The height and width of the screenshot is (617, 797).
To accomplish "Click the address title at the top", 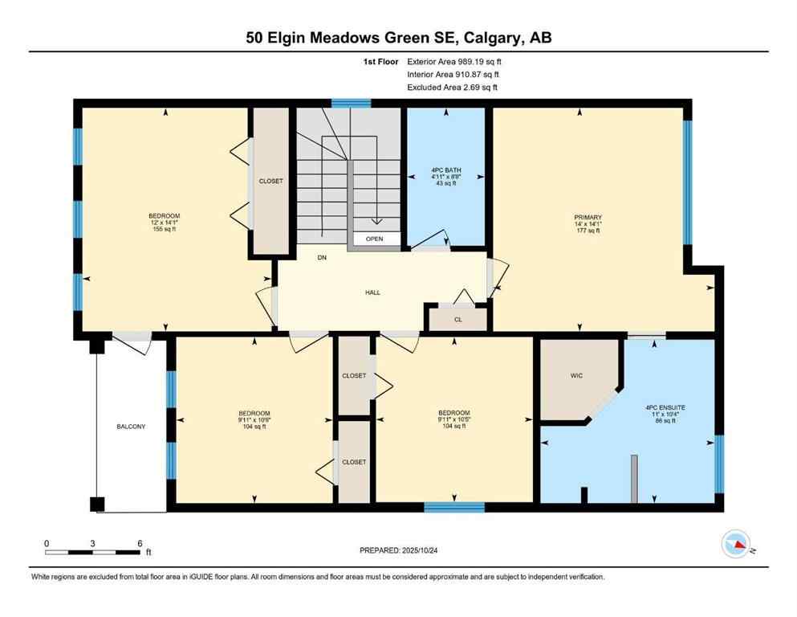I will pos(398,37).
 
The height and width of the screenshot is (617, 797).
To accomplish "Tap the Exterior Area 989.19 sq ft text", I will pos(454,61).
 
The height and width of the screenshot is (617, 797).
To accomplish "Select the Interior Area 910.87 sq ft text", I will pos(453,74).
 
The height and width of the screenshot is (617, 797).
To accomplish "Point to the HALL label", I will pos(372,292).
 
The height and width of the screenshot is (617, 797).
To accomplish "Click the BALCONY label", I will pos(131,427).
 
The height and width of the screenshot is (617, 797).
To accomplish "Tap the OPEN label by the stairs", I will pos(374,239).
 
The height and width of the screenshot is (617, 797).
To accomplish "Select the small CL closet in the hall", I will pos(457,319).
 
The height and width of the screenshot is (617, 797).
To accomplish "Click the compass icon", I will pos(735,544).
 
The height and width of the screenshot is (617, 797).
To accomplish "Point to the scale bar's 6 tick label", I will pos(140,544).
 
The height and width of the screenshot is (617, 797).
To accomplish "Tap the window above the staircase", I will pos(352,103).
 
